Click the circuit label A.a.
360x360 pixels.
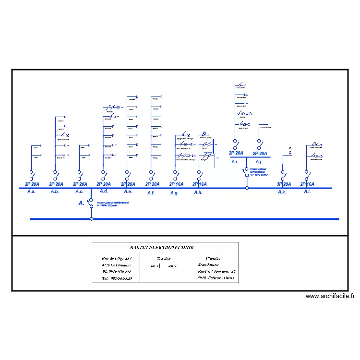(31, 192)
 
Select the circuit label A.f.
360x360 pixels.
(151, 193)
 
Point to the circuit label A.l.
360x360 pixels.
(307, 192)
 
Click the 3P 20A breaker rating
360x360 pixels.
(284, 184)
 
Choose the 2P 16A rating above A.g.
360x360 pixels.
(176, 184)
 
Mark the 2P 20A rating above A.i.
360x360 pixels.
(236, 154)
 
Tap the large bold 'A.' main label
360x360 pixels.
(82, 204)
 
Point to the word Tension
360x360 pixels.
(164, 258)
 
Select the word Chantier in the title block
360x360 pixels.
(214, 258)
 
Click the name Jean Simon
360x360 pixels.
(208, 264)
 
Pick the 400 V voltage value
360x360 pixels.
(172, 266)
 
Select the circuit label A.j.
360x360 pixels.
(259, 162)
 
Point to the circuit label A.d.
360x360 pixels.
(104, 192)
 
